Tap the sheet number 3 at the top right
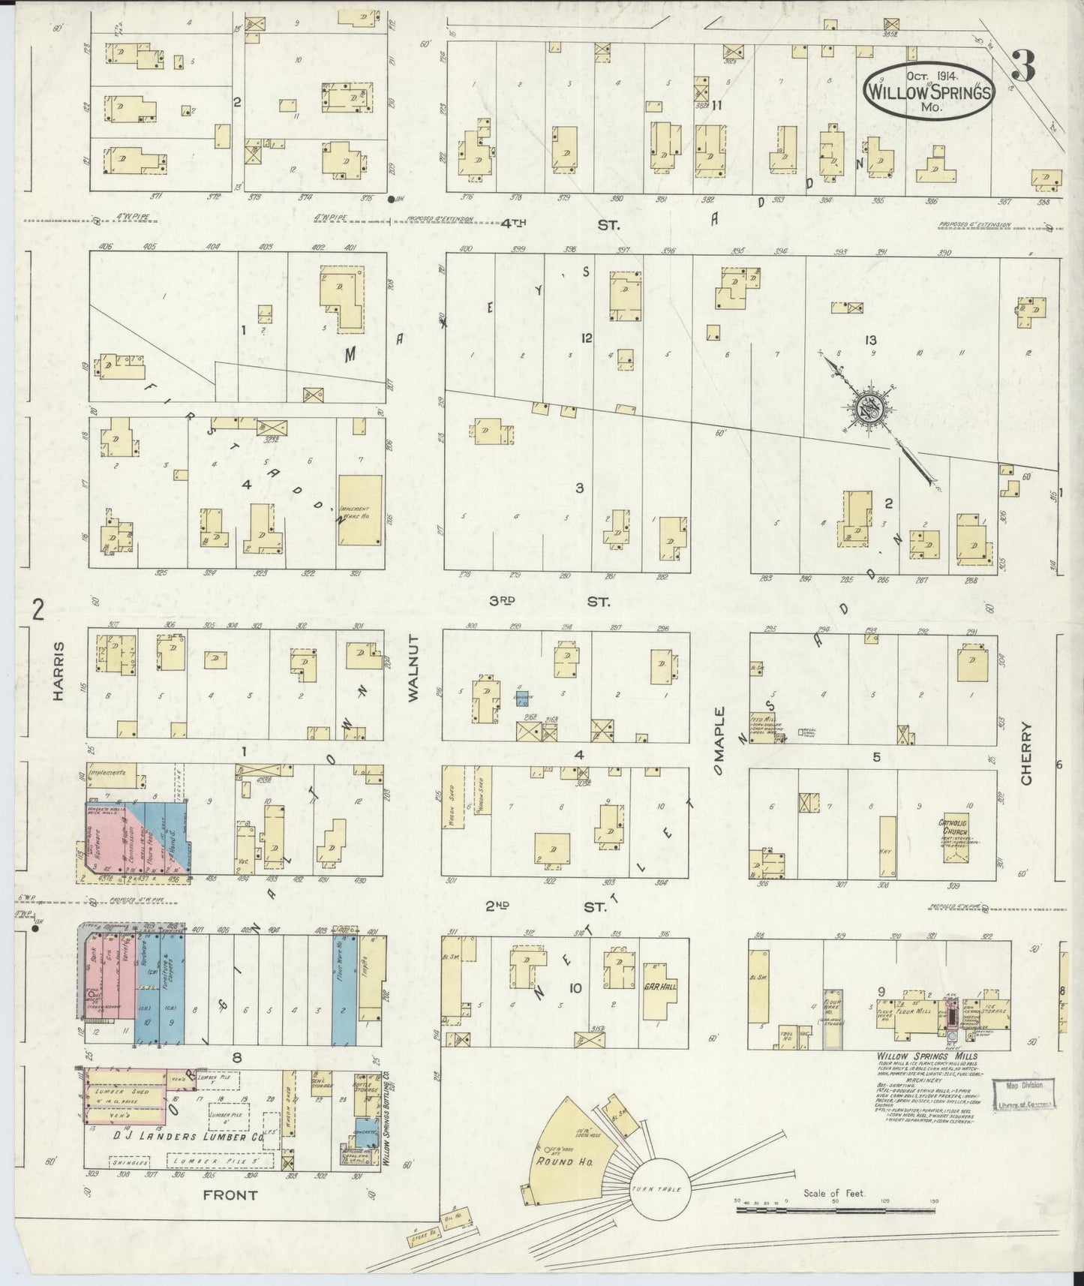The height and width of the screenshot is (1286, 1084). click(1022, 67)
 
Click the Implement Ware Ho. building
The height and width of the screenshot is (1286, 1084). click(360, 509)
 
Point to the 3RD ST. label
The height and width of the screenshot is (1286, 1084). click(553, 602)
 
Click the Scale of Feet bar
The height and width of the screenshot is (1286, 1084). click(836, 1209)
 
